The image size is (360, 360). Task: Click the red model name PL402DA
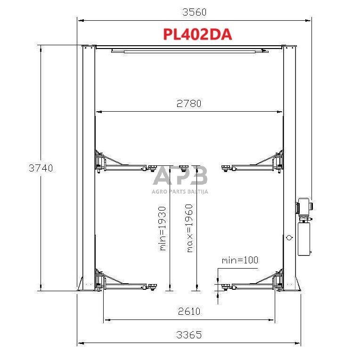[x=197, y=34]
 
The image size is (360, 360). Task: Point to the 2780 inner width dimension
[x=188, y=104]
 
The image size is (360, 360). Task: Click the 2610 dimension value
[x=188, y=311]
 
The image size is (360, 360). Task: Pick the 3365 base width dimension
[x=188, y=335]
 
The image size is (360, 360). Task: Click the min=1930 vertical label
[x=163, y=228]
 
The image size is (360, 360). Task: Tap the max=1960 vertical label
[x=189, y=228]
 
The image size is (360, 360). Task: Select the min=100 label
[x=240, y=260]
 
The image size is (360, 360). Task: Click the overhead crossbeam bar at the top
[x=188, y=50]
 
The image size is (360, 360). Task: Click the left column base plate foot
[x=85, y=285]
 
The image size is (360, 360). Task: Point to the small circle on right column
[x=288, y=238]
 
